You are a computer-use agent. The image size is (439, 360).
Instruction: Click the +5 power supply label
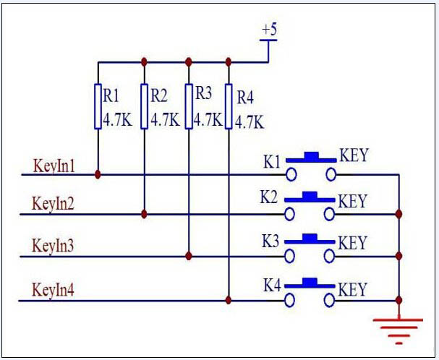coord(268,30)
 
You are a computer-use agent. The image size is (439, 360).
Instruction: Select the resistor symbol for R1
coord(98,106)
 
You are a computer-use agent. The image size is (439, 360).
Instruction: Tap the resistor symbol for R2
coord(145,106)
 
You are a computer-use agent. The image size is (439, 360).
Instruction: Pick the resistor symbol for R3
coord(189,106)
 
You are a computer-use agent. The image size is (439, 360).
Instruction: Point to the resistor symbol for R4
coord(229,106)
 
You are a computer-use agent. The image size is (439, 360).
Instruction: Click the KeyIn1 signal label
coord(54,164)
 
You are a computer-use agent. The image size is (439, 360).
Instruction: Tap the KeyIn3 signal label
coord(54,246)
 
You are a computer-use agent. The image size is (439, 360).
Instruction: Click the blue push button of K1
coord(311,155)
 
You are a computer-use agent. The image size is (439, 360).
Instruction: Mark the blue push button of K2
coord(311,196)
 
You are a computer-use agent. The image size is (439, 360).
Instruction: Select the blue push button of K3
coord(311,237)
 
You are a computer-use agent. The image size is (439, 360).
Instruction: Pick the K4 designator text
coord(271,286)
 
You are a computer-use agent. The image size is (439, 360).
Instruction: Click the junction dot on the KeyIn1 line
coord(98,174)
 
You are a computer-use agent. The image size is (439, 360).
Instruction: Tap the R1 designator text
coord(112,95)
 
